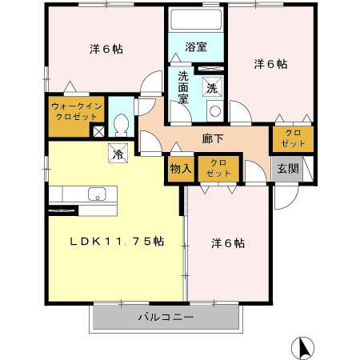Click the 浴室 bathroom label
(196, 47)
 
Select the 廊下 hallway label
(212, 137)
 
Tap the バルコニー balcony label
(166, 318)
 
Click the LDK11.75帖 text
(115, 242)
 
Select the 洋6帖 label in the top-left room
(105, 48)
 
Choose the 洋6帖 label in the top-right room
(271, 63)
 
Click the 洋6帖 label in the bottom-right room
(228, 242)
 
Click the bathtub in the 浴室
(196, 22)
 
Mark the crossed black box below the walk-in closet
(98, 132)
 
